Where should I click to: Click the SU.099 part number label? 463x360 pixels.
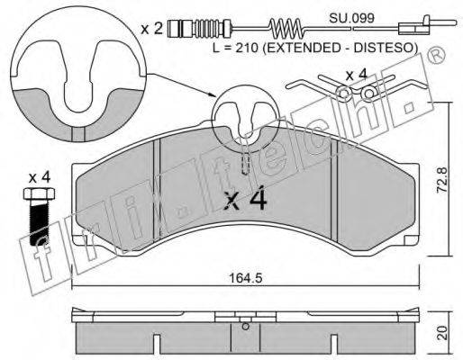click(351, 19)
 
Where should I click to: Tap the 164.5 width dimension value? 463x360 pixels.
click(245, 278)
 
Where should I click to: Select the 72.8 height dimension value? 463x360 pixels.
click(441, 179)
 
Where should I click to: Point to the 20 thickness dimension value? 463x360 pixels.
click(441, 333)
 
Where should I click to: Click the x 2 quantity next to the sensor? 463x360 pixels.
click(151, 29)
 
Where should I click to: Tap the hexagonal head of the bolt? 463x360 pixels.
click(39, 193)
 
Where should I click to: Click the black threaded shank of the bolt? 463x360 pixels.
click(39, 222)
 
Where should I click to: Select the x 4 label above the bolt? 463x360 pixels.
click(40, 178)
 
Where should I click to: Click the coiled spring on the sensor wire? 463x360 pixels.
click(285, 29)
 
